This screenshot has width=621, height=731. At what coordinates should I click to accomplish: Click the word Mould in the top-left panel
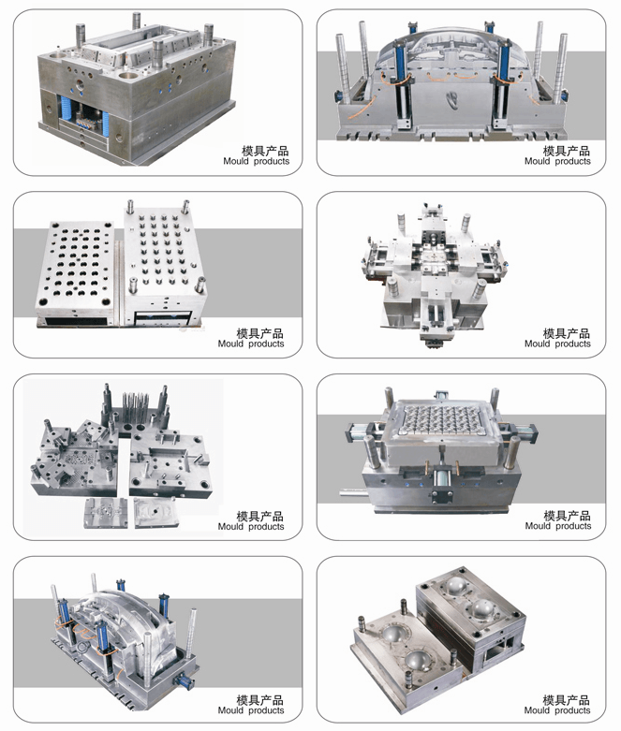pyautogui.click(x=236, y=161)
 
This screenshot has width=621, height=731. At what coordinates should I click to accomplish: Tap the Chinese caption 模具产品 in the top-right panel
pyautogui.click(x=567, y=151)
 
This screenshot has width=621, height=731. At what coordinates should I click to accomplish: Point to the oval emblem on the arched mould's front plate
pyautogui.click(x=452, y=99)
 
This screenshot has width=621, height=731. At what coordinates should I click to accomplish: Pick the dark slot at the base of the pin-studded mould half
pyautogui.click(x=162, y=318)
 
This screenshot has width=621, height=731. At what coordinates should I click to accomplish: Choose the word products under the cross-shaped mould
pyautogui.click(x=573, y=344)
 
